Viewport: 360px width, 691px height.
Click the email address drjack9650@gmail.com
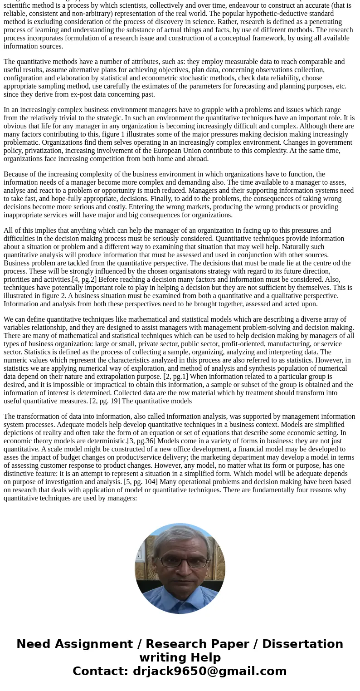point(209,671)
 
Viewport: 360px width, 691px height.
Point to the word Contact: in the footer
point(100,671)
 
